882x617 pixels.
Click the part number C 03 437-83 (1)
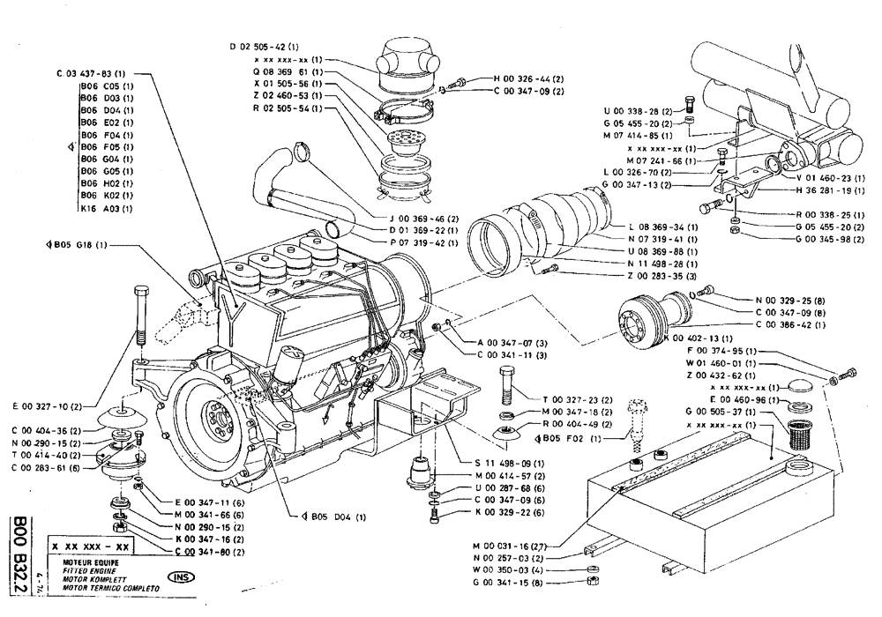91,73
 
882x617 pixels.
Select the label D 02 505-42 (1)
265,45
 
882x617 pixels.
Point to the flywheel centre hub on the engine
215,413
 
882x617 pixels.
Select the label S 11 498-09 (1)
507,462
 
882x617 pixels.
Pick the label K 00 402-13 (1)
701,338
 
